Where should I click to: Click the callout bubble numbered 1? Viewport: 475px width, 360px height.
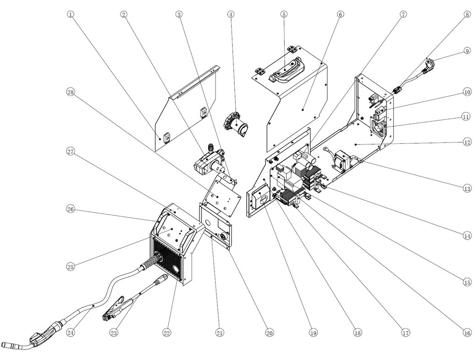coord(70,14)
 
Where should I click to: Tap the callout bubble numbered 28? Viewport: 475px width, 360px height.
coord(70,92)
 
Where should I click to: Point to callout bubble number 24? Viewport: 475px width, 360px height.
coord(70,333)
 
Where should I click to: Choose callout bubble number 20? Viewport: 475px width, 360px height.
coord(270,333)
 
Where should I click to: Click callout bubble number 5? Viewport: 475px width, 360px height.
coord(284,14)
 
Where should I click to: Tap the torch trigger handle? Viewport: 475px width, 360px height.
coord(44,333)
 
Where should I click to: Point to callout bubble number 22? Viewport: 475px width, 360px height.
coord(166,333)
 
